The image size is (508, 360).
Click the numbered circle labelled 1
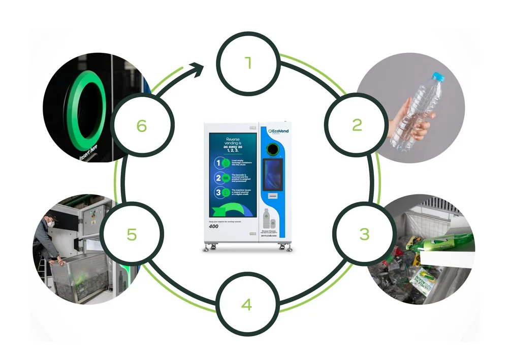coord(248,63)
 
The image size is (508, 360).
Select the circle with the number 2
coord(357,125)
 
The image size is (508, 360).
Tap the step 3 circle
coord(364,234)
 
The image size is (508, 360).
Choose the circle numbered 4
coord(247,304)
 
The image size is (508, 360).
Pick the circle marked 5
coord(132,234)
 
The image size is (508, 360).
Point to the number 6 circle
coord(142,125)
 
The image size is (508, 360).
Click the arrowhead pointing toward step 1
coord(199,67)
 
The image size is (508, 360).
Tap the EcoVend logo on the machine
coord(275,131)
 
